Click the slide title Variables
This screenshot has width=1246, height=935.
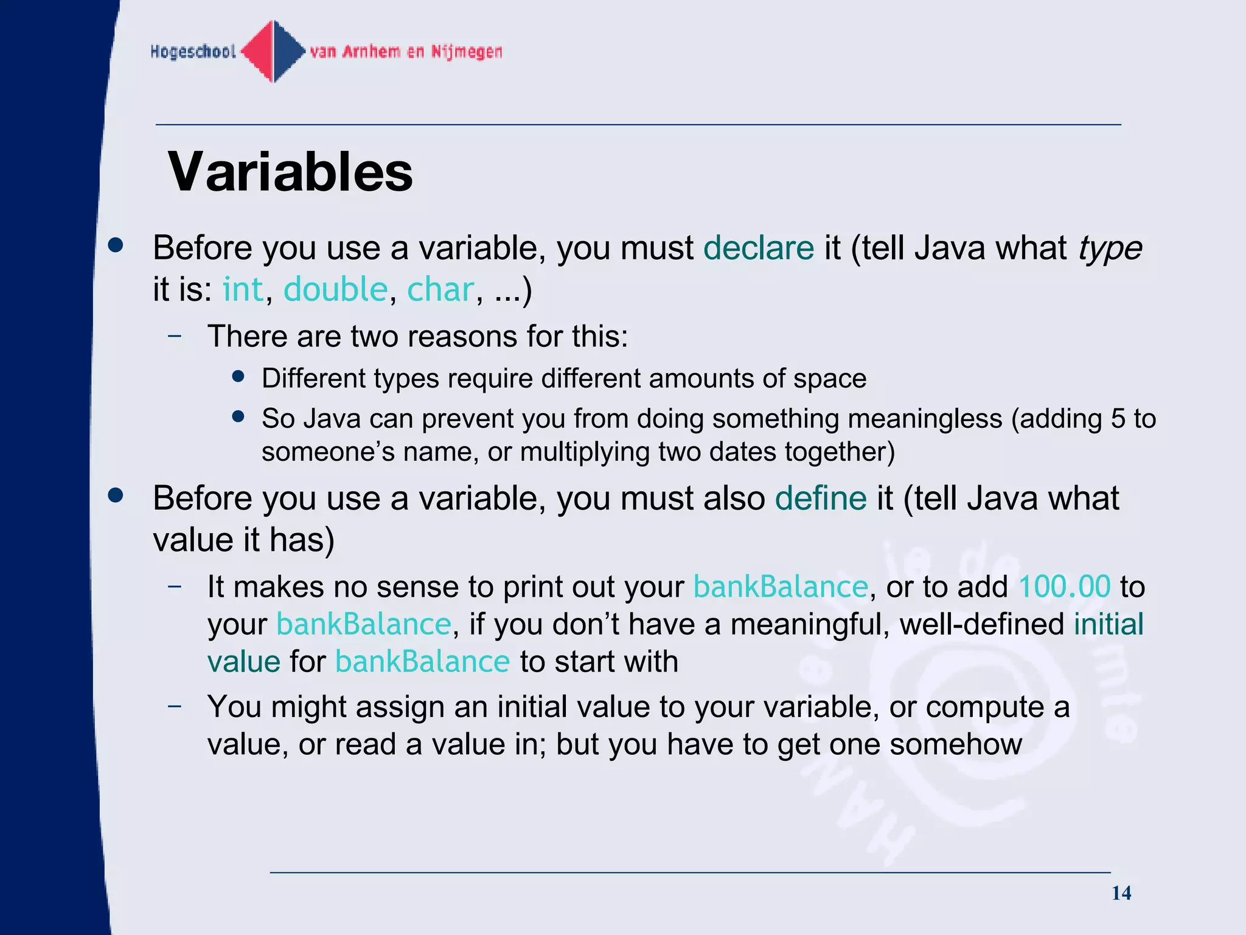point(290,172)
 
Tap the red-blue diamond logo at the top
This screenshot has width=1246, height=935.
point(273,51)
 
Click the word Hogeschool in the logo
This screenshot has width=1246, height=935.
point(193,52)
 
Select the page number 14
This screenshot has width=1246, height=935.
point(1121,893)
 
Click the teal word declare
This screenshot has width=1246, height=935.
point(758,248)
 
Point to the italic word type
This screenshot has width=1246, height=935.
point(1110,248)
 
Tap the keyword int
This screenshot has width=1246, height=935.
point(243,289)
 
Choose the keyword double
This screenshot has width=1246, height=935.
point(335,289)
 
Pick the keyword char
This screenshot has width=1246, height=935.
point(439,289)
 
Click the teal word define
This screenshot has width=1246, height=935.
point(820,499)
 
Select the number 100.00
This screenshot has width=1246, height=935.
point(1064,587)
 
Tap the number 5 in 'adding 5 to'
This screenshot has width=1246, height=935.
point(1118,419)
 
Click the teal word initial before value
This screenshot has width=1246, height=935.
point(1109,625)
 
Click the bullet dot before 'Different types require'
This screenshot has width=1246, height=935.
point(238,377)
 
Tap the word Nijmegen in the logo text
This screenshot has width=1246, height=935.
point(467,52)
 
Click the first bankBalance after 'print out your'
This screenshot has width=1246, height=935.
point(780,587)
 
